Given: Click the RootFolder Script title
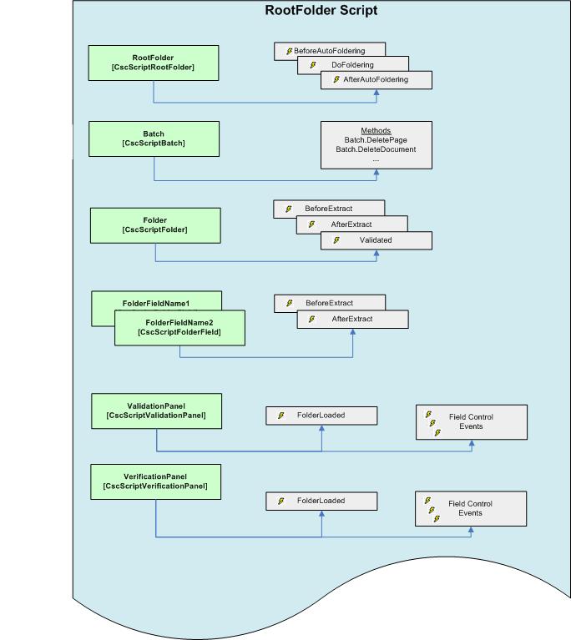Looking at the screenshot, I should [321, 11].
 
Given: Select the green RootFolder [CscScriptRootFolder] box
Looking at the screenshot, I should [154, 63].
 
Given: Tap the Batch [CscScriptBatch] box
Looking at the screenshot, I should [154, 139].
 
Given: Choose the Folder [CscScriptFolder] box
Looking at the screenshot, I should [154, 225].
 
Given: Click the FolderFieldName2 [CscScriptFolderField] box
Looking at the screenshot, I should [179, 328].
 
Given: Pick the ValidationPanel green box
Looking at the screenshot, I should [156, 411].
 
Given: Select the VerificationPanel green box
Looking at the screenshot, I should [155, 481].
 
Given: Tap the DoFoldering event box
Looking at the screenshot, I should [352, 65].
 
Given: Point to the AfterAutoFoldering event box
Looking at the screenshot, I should [376, 79].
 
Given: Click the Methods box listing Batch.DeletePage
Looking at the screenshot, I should [376, 144].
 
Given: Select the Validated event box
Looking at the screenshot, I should [376, 240].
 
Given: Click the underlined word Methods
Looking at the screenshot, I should [376, 131].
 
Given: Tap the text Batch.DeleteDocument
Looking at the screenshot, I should [376, 149].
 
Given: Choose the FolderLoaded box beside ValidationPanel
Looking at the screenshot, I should [321, 415].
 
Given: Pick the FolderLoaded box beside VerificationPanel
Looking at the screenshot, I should [321, 501].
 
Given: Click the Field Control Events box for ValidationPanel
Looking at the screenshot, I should [472, 421].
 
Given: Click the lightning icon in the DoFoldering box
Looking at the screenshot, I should [313, 65].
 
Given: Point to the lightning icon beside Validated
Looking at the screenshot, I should [336, 240].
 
